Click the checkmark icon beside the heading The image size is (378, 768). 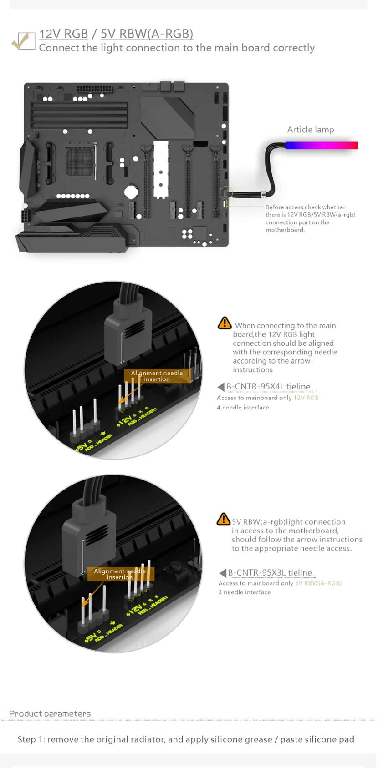[23, 41]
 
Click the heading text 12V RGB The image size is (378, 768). [63, 34]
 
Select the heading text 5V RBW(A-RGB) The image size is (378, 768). [147, 34]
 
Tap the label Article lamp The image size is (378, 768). [310, 130]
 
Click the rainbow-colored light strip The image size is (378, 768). [322, 146]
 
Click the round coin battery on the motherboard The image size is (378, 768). [131, 192]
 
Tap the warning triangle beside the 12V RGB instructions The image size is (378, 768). [225, 323]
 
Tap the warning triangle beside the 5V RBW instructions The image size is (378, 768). [223, 519]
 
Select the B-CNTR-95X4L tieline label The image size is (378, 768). [268, 387]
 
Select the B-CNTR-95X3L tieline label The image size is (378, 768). [270, 573]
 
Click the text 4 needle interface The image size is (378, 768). [243, 408]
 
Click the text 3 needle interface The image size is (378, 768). [245, 592]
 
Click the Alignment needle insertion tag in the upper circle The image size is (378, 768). [157, 376]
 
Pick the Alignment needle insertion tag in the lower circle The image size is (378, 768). [120, 574]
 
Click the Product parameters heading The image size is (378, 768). [50, 714]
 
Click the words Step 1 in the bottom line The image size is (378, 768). [31, 739]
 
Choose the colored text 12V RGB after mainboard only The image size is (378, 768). [306, 398]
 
